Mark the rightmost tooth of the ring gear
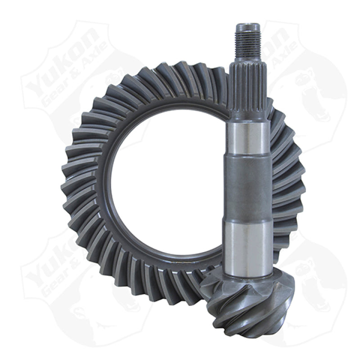tap(295, 180)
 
